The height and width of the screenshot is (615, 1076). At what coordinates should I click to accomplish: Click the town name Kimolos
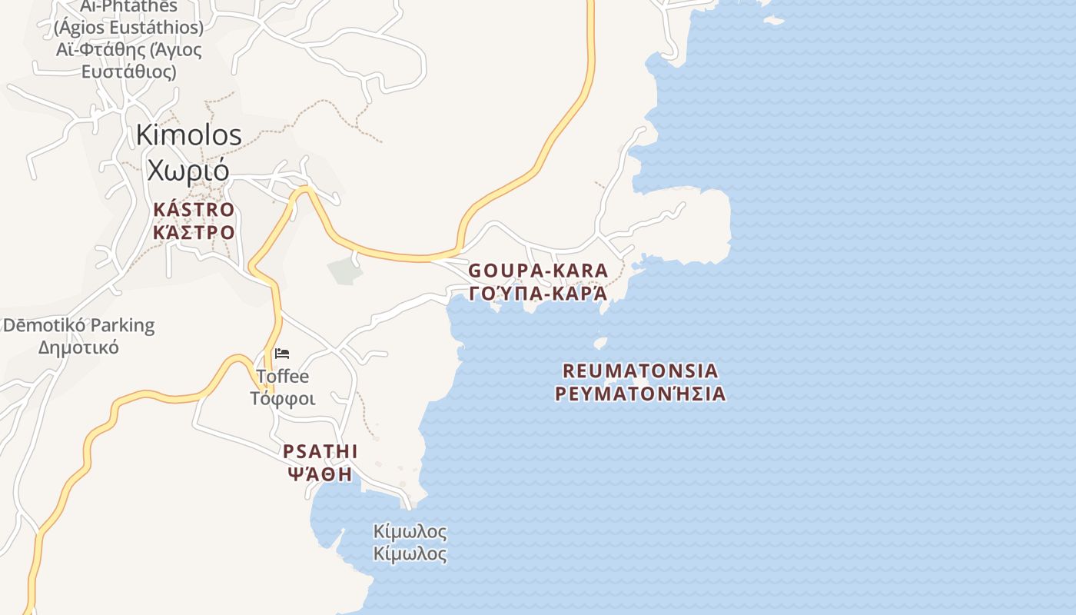point(188,135)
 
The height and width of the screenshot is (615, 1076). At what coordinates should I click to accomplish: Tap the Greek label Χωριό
point(188,168)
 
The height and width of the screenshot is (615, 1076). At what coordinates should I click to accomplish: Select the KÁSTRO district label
point(194,209)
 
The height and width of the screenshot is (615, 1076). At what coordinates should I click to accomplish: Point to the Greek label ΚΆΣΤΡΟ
point(194,231)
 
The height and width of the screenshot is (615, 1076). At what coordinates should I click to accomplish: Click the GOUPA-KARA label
point(538,271)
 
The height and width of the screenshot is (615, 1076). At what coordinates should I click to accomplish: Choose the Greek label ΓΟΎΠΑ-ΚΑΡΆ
point(538,294)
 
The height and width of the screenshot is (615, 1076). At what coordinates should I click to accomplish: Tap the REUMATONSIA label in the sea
point(640,371)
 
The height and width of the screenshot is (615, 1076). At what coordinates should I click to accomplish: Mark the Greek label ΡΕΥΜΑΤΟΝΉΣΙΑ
point(640,394)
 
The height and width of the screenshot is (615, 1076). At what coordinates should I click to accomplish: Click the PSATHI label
point(320,451)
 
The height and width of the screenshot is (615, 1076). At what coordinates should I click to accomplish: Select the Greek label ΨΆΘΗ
point(320,474)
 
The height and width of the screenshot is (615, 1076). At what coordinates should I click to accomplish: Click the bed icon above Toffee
point(282,354)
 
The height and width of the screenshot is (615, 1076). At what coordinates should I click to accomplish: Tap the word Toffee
point(283,377)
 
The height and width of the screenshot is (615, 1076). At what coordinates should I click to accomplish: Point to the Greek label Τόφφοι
point(283,399)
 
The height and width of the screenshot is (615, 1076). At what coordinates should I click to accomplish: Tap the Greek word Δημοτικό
point(78,347)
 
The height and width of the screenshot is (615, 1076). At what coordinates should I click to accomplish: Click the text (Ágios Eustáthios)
point(128,28)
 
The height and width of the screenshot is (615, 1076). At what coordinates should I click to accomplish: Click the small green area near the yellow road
point(344,271)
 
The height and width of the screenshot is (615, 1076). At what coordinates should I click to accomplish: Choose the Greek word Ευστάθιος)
point(128,71)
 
